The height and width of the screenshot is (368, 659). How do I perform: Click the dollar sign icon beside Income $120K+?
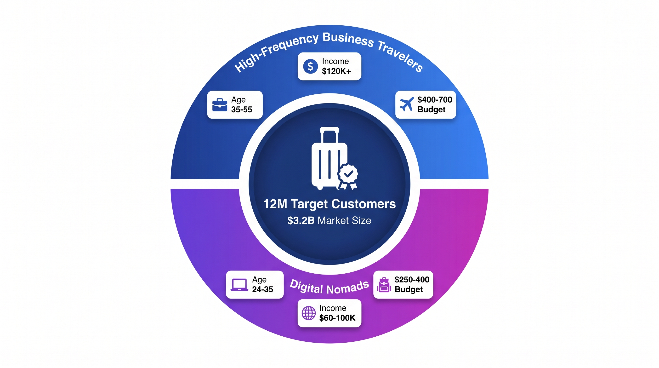click(310, 67)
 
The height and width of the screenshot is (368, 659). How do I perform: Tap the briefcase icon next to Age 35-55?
click(220, 105)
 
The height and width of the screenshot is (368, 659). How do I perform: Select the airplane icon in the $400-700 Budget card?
click(407, 104)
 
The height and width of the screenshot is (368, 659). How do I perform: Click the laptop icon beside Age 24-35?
click(239, 285)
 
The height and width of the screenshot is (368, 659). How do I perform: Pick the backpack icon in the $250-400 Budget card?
click(384, 285)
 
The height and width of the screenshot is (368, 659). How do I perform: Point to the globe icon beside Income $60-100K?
click(308, 313)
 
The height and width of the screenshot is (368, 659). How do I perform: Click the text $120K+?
click(336, 71)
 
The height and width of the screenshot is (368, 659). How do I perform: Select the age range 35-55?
click(241, 109)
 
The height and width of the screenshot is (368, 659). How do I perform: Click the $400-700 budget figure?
click(435, 100)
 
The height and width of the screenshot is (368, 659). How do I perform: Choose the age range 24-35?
click(262, 289)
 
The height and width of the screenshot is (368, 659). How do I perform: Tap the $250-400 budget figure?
click(412, 279)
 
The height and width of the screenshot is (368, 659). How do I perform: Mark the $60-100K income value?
click(337, 318)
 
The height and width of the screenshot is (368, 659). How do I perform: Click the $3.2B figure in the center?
click(301, 221)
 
